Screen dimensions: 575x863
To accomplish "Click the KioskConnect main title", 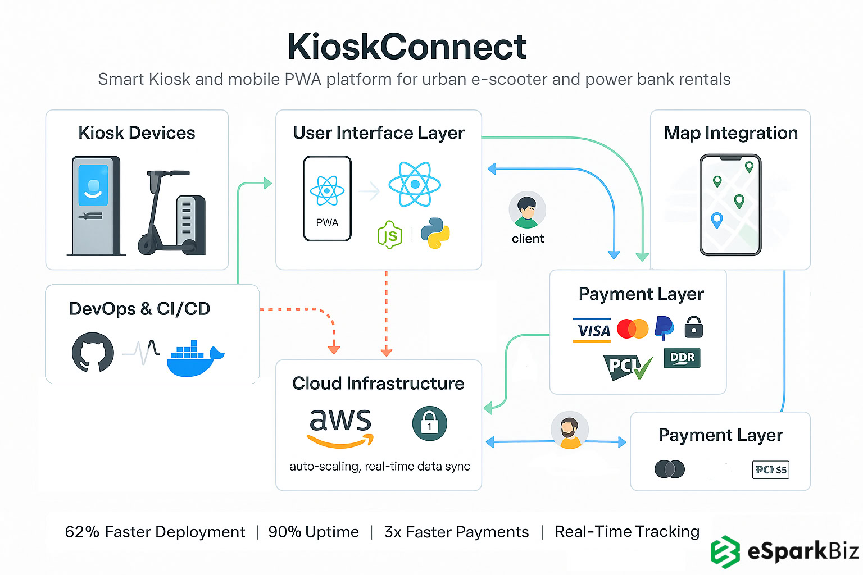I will pyautogui.click(x=407, y=47).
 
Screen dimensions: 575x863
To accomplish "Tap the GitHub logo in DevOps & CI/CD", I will pyautogui.click(x=93, y=352).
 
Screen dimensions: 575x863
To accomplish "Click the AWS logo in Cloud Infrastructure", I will pyautogui.click(x=340, y=427).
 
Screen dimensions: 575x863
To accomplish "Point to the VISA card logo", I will pyautogui.click(x=592, y=330).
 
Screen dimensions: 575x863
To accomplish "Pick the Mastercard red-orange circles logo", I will pyautogui.click(x=633, y=328).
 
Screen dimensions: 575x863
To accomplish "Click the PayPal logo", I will pyautogui.click(x=664, y=328).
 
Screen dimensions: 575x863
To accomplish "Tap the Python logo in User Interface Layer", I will pyautogui.click(x=435, y=233).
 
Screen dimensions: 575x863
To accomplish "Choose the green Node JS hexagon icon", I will pyautogui.click(x=389, y=235).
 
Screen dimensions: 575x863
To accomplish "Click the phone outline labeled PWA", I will pyautogui.click(x=328, y=199).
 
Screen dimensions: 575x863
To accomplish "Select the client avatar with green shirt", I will pyautogui.click(x=527, y=210).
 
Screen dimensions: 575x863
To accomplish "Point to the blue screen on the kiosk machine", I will pyautogui.click(x=93, y=185).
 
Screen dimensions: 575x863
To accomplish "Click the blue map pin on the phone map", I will pyautogui.click(x=716, y=220).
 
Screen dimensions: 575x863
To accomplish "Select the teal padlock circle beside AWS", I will pyautogui.click(x=429, y=423).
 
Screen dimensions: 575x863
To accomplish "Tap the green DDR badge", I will pyautogui.click(x=682, y=358).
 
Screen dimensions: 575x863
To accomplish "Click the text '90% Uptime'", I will pyautogui.click(x=314, y=532).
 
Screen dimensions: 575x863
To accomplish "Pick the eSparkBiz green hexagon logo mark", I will pyautogui.click(x=725, y=551).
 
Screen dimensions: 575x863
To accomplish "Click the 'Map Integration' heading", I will pyautogui.click(x=730, y=133).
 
